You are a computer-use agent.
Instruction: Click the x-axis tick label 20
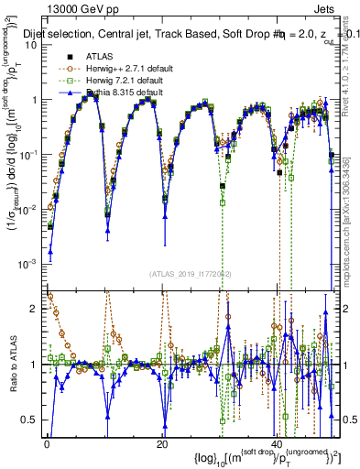[x=162, y=443]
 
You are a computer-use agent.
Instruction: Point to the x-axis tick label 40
[x=278, y=443]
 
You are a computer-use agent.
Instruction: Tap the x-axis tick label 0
[x=47, y=443]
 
